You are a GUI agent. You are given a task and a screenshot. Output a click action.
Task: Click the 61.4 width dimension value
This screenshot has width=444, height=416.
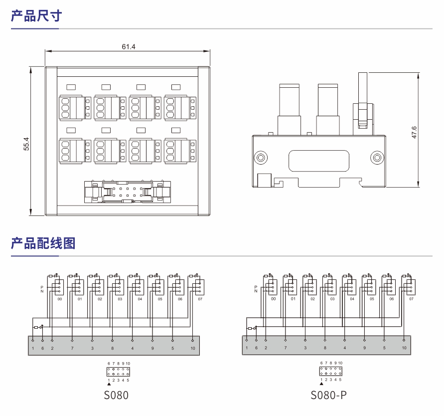(x=129, y=47)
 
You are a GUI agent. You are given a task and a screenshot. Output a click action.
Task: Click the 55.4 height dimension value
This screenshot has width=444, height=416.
(x=27, y=144)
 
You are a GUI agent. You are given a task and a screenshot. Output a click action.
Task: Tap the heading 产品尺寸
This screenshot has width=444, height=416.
(x=36, y=16)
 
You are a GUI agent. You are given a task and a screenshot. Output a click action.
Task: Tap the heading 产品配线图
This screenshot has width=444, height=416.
(x=43, y=243)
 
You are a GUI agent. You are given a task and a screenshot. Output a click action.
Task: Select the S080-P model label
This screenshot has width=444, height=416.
(x=328, y=396)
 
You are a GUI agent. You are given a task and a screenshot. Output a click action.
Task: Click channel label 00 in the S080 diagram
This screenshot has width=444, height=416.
(x=60, y=299)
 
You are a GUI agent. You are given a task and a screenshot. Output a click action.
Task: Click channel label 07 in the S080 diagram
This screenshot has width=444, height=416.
(x=200, y=299)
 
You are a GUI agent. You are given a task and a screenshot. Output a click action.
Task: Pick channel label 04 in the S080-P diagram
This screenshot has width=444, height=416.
(x=352, y=299)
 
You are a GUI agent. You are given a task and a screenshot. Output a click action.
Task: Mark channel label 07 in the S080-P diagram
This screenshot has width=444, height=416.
(x=411, y=299)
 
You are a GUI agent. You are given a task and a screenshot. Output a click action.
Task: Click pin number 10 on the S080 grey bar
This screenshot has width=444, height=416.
(x=193, y=348)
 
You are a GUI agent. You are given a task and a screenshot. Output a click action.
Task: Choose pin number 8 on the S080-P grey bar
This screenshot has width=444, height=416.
(x=325, y=348)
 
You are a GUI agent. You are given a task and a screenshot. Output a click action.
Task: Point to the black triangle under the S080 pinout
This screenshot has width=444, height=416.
(x=109, y=384)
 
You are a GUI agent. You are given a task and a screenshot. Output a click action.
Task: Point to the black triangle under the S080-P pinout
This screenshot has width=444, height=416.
(x=321, y=384)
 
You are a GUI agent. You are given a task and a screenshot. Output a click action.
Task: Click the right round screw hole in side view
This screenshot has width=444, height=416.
(x=377, y=159)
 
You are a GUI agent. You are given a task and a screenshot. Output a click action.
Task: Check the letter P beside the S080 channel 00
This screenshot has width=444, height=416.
(x=42, y=287)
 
